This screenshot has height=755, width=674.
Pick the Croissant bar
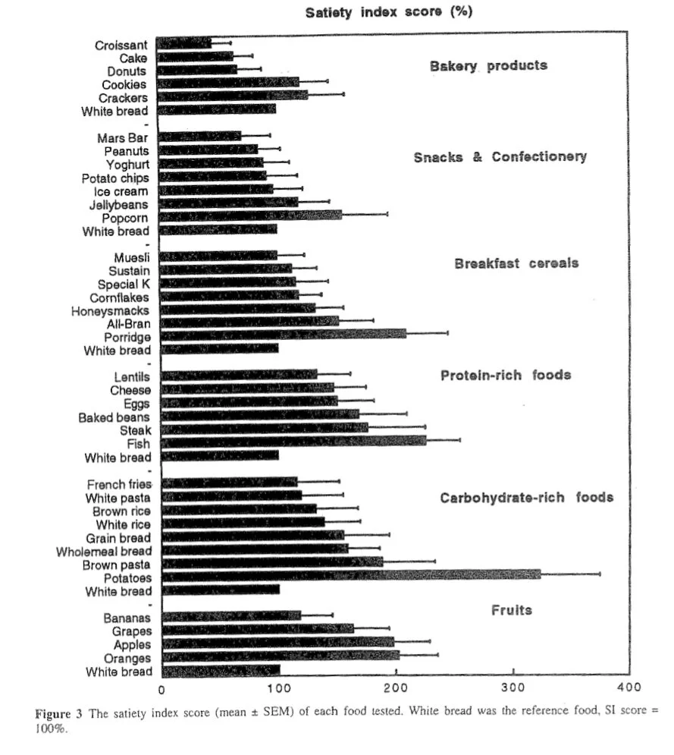click(185, 43)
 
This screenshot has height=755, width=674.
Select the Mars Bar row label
click(122, 138)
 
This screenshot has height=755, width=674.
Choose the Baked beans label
click(114, 417)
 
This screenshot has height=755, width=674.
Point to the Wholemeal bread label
click(104, 551)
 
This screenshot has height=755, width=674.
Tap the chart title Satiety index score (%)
click(389, 13)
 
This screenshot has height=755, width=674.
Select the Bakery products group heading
click(488, 65)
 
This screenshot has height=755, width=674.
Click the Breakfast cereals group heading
click(516, 263)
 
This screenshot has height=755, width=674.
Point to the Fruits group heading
click(512, 610)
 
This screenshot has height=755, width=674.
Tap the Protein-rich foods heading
click(506, 376)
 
